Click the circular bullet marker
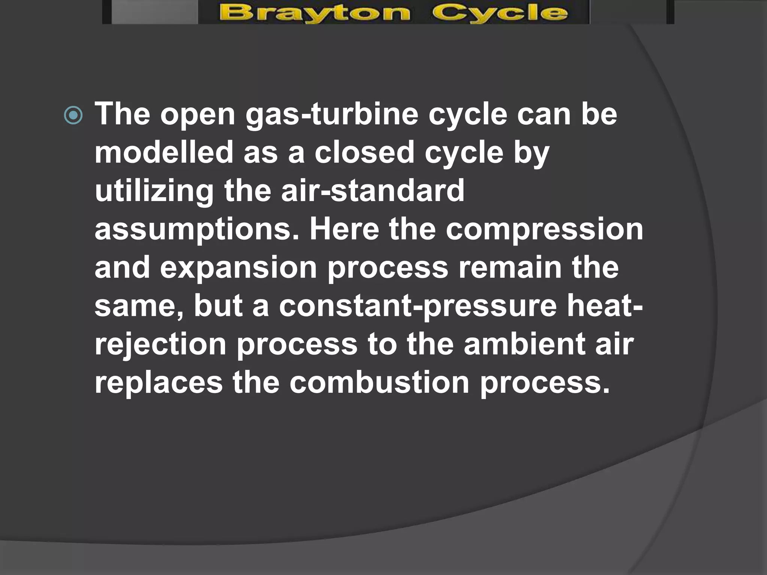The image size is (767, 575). [x=73, y=116]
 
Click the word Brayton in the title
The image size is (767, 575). [x=315, y=13]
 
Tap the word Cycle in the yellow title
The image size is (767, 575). [x=500, y=13]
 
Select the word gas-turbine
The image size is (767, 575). [x=332, y=115]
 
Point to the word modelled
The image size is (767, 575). [x=164, y=152]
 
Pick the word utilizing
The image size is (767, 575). [x=154, y=191]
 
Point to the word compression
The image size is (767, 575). [x=544, y=230]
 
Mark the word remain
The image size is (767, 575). [x=510, y=267]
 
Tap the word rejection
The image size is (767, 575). [x=160, y=345]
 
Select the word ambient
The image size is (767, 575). [x=524, y=344]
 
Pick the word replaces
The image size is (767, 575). [x=158, y=383]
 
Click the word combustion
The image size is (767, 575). [x=379, y=383]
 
